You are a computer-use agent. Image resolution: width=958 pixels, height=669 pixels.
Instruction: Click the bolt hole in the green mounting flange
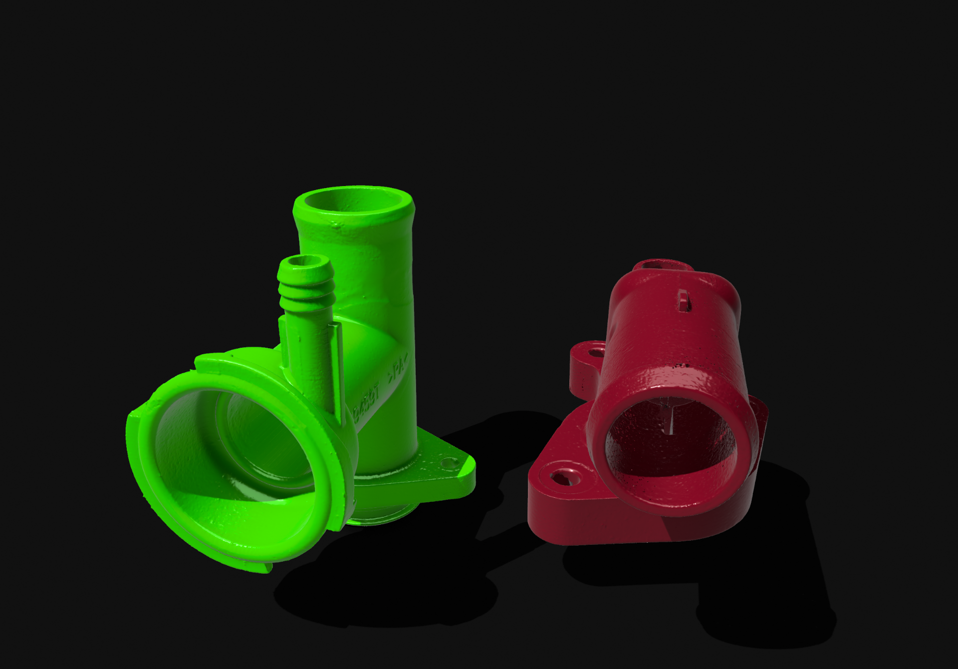[449, 463]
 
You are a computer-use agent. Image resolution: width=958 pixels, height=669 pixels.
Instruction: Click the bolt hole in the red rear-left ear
[596, 353]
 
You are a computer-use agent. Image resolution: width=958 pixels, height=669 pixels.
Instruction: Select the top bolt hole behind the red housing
[664, 264]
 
